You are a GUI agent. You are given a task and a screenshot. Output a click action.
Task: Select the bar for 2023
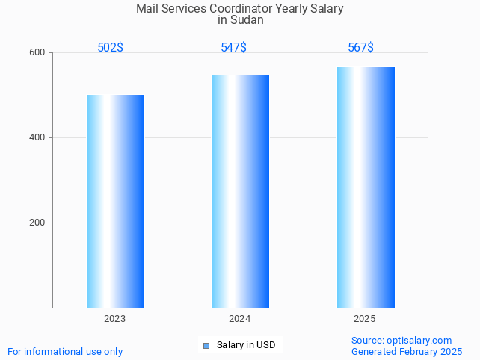(x=115, y=201)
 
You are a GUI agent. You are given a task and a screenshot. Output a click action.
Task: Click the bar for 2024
(x=240, y=191)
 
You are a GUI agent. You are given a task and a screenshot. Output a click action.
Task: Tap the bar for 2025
(x=366, y=187)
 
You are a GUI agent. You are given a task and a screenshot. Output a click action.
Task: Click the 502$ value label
(x=110, y=48)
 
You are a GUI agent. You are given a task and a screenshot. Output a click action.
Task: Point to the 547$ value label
(x=233, y=48)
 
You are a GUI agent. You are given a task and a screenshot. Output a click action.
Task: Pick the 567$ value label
(x=360, y=48)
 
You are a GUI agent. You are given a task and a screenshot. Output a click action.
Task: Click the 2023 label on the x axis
(x=114, y=319)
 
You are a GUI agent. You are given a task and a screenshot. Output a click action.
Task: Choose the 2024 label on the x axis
(x=239, y=319)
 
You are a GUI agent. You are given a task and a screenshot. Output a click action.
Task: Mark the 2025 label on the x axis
(x=364, y=319)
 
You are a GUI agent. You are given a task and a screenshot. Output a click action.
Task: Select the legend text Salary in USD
(x=246, y=345)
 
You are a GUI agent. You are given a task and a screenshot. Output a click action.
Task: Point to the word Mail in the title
(x=147, y=9)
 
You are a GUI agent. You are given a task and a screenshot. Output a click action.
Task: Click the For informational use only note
(x=65, y=352)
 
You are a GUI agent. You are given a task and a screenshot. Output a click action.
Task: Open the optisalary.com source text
(x=419, y=341)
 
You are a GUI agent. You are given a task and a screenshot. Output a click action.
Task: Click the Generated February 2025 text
(x=407, y=352)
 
